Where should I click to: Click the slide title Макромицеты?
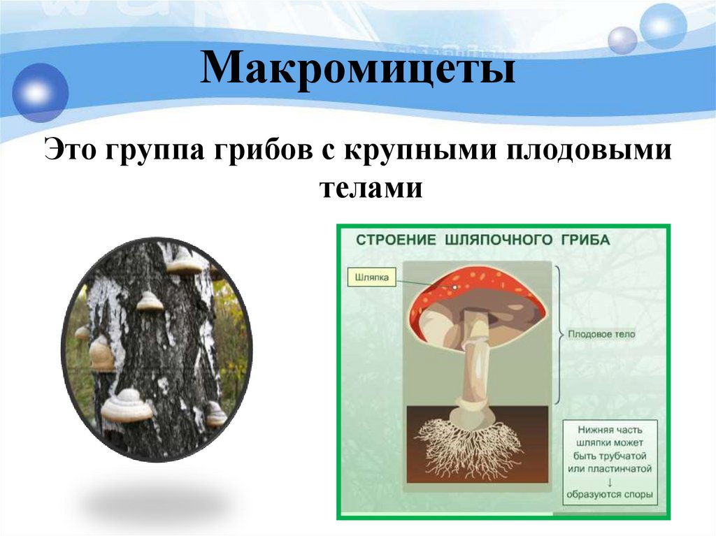(x=357, y=73)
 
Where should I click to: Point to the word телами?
(x=371, y=187)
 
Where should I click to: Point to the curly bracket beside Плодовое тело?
(x=559, y=334)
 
